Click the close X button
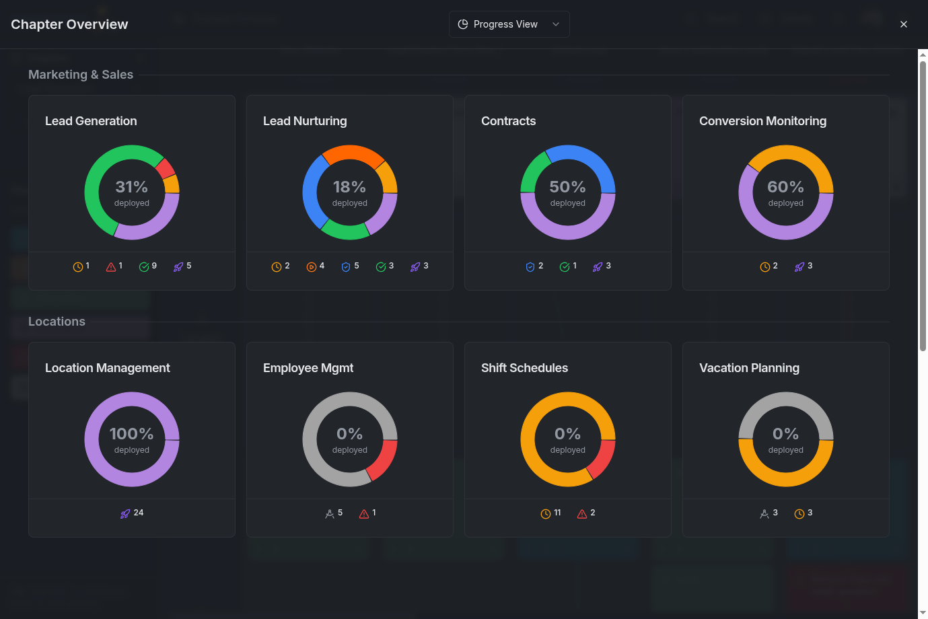(x=904, y=24)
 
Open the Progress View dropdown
(x=509, y=24)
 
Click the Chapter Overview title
(x=69, y=24)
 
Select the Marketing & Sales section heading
(x=81, y=75)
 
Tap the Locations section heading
(x=57, y=322)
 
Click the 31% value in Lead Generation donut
(x=131, y=187)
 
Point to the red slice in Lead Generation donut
(x=165, y=168)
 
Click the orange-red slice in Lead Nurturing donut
(x=352, y=153)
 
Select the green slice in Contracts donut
(x=533, y=171)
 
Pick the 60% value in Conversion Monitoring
(x=785, y=187)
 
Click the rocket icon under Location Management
(x=125, y=513)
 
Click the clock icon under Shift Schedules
(x=546, y=514)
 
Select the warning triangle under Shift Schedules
(x=582, y=514)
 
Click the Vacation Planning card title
(x=749, y=368)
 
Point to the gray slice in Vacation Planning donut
(x=785, y=400)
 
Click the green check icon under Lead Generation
(x=144, y=267)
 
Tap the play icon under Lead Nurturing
(x=312, y=267)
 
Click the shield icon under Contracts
(x=530, y=267)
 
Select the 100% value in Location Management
(x=131, y=434)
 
